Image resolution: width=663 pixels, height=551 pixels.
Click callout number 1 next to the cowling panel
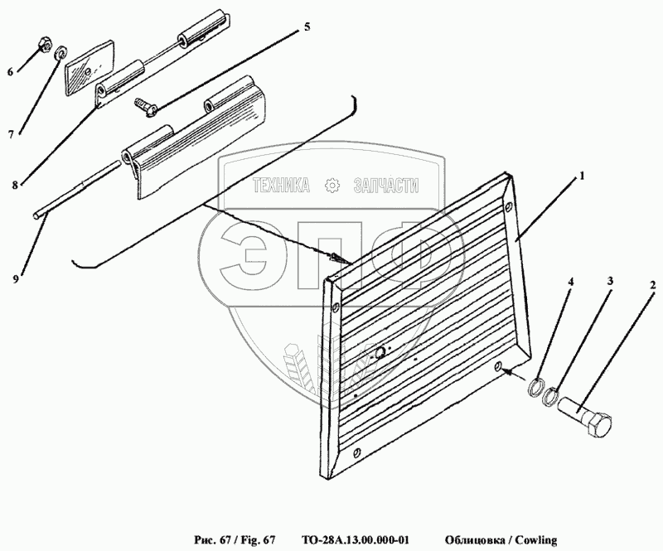coord(582,176)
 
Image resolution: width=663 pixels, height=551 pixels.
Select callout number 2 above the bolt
coord(653,285)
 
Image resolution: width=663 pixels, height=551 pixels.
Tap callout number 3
coord(610,281)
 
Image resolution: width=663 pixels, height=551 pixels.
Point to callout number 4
coord(571,281)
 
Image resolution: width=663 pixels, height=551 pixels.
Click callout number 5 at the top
coord(307,27)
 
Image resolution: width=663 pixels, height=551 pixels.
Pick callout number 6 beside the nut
coord(10,72)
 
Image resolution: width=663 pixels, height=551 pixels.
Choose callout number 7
coord(11,134)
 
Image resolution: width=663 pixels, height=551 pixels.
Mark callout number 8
coord(15,185)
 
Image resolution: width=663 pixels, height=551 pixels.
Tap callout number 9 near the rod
coord(16,279)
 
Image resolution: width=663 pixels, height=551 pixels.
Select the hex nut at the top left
coord(45,44)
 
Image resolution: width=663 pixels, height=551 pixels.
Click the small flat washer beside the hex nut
coord(61,53)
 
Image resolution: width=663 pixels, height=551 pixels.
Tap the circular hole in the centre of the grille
coord(381,352)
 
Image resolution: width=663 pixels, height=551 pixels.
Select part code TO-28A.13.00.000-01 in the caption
coord(356,540)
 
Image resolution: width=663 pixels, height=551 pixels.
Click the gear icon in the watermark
coord(331,186)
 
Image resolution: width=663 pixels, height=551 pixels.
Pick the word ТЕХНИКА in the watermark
coord(281,186)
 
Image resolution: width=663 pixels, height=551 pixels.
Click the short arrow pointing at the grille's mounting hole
coord(513,374)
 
